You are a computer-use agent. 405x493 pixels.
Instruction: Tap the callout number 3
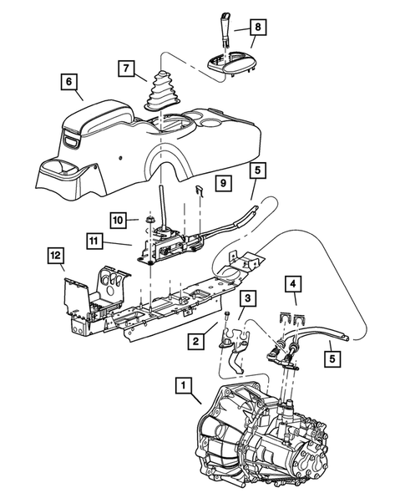[247, 297]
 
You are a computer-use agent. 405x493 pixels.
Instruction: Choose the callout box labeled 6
[68, 82]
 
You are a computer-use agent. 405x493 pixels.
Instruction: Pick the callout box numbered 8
[257, 27]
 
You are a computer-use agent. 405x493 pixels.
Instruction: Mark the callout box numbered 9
[221, 181]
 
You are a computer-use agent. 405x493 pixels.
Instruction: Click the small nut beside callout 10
[148, 220]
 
